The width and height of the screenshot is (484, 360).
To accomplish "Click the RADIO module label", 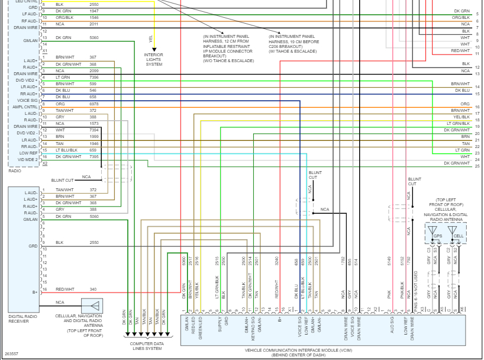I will pos(15,171).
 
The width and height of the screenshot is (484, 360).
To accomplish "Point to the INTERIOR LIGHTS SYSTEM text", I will pos(154,59).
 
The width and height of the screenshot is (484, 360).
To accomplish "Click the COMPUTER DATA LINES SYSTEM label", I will pos(146,346).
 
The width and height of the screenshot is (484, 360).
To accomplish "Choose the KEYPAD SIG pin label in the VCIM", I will pos(253,327).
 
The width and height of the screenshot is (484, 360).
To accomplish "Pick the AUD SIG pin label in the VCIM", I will pos(392,327).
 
